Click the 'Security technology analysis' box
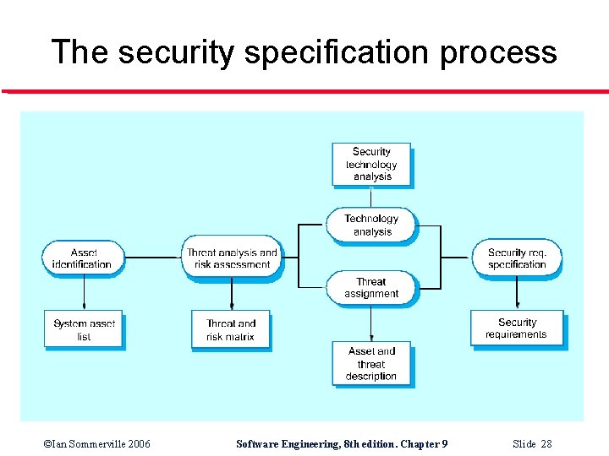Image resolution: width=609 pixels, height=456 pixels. coord(372,164)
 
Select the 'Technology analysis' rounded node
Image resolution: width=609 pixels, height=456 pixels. coord(372,225)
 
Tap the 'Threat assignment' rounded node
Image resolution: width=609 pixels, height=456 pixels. coord(371,287)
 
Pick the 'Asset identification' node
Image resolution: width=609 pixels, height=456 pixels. coord(83,258)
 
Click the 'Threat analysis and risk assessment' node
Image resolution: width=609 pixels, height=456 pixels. coord(232,258)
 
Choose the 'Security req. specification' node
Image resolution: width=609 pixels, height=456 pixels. coord(517,258)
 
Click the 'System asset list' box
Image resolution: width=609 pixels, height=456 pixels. coord(83,329)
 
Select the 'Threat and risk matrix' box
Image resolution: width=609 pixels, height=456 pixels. coord(231,329)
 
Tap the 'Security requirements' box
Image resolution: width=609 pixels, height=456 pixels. coord(517,328)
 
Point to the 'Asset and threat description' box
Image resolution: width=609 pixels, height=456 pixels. coord(371,363)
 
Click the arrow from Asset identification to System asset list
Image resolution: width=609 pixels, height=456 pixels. coord(84,291)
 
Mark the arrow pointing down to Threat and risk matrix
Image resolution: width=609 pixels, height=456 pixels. coord(232,291)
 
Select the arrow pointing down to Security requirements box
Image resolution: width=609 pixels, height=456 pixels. coord(517,291)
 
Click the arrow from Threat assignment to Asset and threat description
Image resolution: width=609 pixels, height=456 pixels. coord(371,321)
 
